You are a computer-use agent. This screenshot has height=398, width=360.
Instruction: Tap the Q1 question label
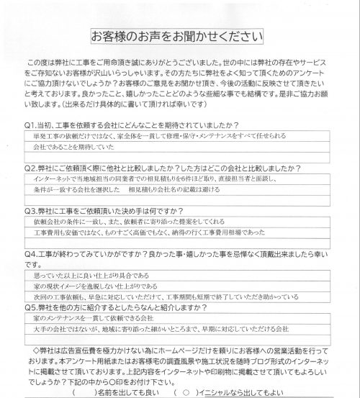[29, 125]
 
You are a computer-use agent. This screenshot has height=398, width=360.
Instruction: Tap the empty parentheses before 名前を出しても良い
[84, 393]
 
